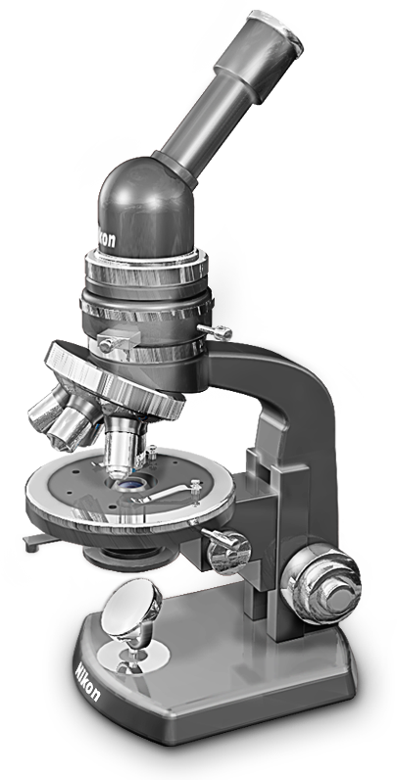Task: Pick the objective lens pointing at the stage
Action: pos(122,444)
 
